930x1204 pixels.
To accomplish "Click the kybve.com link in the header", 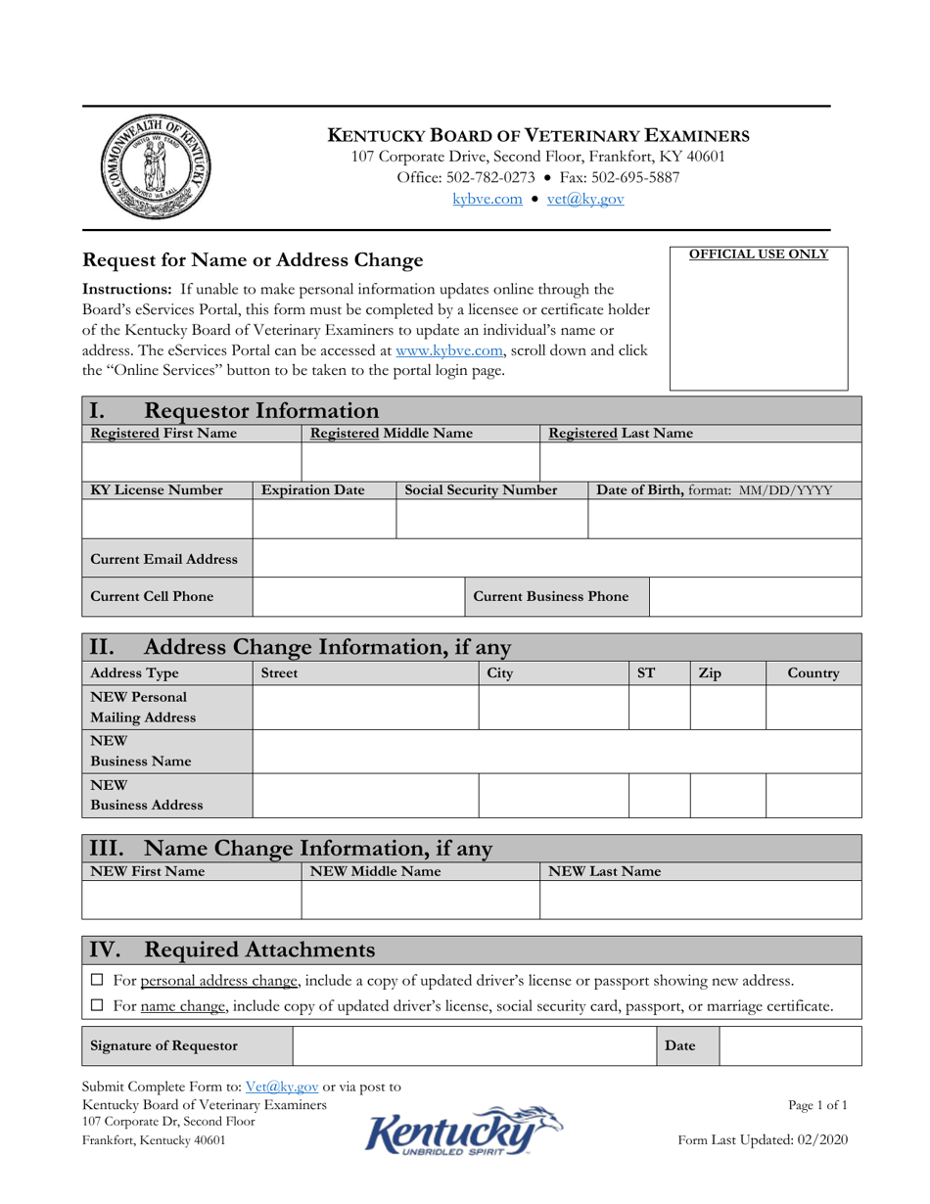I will click(x=487, y=199).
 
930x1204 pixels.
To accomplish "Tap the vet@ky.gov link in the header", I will click(x=584, y=199).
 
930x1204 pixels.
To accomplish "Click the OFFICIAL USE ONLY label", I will click(x=759, y=255).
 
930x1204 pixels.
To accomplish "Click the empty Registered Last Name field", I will click(x=700, y=460).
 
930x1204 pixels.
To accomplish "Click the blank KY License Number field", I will click(x=167, y=519).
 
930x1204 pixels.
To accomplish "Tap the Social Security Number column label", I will click(x=481, y=489).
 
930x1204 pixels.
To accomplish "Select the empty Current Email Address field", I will click(x=556, y=559).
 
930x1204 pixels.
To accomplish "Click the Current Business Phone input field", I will click(x=755, y=597).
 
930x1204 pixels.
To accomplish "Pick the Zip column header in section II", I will click(x=710, y=673).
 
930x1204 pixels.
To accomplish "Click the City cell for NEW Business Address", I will click(x=552, y=796).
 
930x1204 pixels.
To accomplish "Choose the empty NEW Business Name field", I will click(x=556, y=752).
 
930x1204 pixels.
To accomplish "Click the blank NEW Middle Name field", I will click(x=420, y=900).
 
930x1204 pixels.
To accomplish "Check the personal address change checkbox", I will click(x=96, y=980).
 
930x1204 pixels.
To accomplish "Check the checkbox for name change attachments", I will click(x=96, y=1005).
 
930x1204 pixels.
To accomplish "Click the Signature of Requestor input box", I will click(x=474, y=1045).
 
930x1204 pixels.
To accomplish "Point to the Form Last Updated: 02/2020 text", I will click(x=763, y=1139).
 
